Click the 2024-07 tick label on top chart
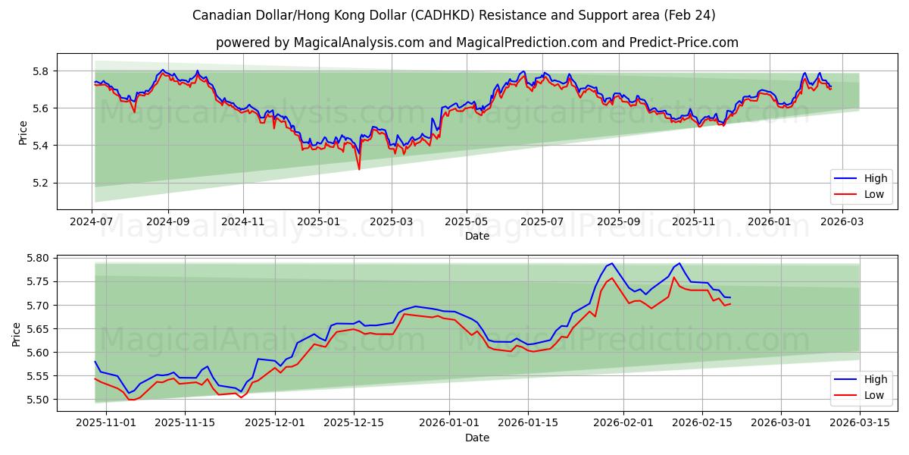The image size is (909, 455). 92,221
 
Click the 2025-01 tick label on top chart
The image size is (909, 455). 318,221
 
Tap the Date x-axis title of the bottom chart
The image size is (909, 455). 476,438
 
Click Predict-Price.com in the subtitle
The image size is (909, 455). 683,42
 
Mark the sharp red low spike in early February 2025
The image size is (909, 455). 359,168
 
